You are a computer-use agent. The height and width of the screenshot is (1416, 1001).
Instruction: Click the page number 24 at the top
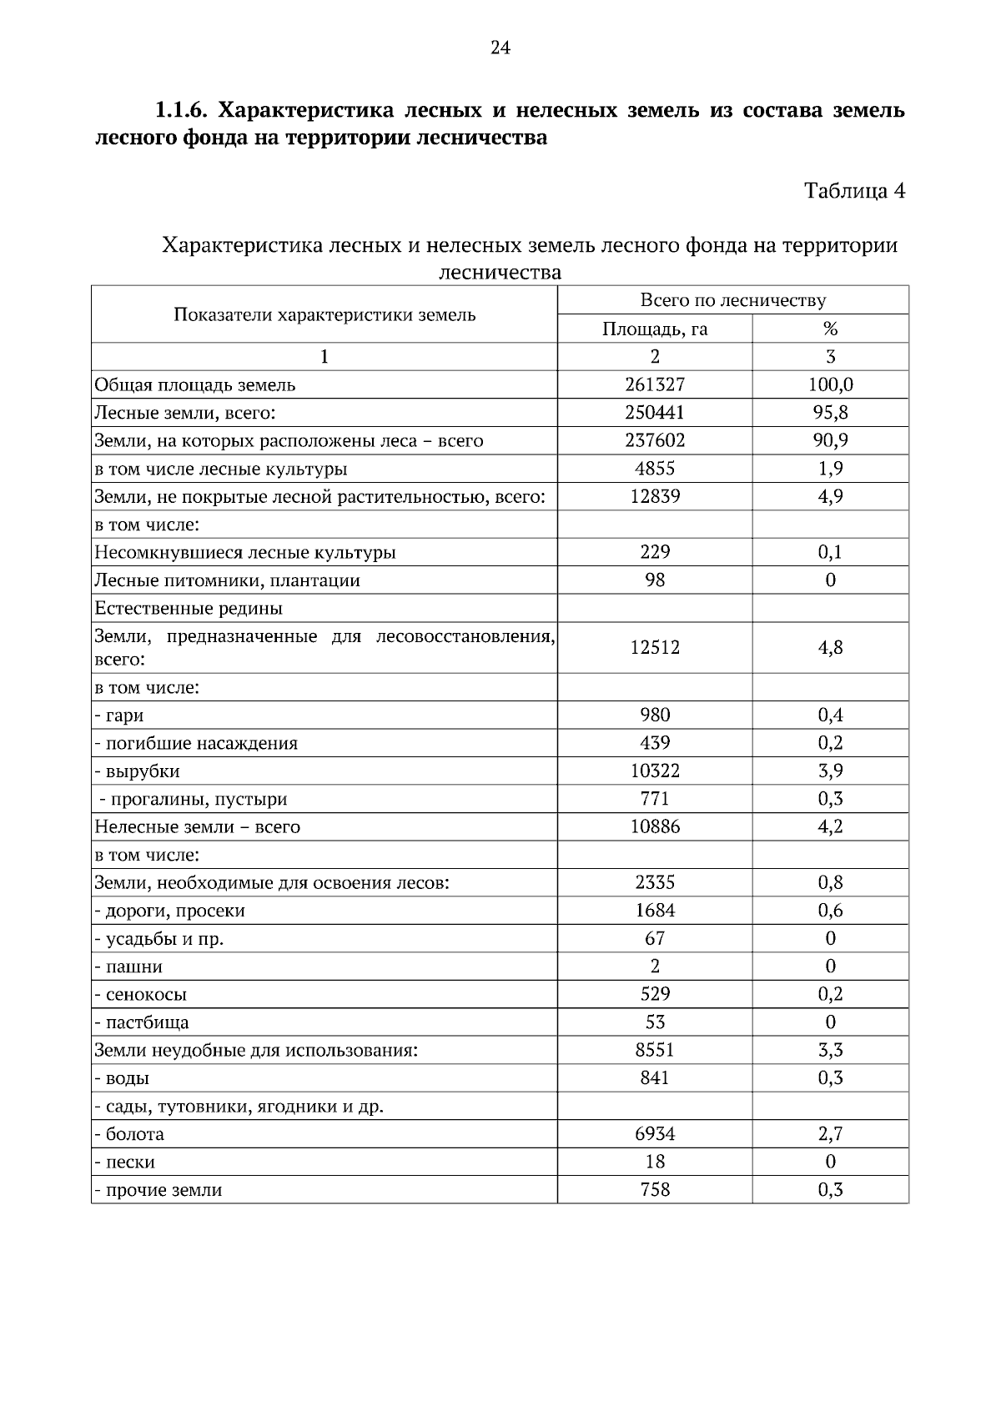click(x=500, y=48)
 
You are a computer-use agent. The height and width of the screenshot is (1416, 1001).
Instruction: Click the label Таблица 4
click(x=854, y=191)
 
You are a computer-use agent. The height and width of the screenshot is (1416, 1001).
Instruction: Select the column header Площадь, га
click(x=655, y=329)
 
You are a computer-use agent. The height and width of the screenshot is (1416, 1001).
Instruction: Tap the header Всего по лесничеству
click(x=732, y=300)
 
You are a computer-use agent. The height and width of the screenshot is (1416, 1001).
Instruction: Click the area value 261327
click(x=655, y=384)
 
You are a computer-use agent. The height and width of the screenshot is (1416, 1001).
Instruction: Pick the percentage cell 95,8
click(x=830, y=413)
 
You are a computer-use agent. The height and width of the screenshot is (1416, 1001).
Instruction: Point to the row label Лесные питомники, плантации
click(x=227, y=580)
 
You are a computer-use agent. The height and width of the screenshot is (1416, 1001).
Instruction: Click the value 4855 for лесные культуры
click(x=655, y=469)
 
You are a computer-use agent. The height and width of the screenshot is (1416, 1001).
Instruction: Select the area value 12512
click(x=655, y=647)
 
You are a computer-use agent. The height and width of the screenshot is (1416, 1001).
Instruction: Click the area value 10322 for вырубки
click(x=655, y=771)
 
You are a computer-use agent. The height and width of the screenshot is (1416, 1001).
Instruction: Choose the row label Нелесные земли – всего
click(x=197, y=827)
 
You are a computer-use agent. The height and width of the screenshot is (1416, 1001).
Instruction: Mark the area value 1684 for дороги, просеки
click(x=655, y=911)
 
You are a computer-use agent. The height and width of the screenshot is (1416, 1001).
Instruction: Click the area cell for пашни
click(x=655, y=967)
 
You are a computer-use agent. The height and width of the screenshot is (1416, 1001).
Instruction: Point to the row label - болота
click(x=129, y=1134)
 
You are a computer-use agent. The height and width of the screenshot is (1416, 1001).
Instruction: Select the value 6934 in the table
click(x=655, y=1134)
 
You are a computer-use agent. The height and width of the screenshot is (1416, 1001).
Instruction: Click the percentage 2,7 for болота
click(x=830, y=1134)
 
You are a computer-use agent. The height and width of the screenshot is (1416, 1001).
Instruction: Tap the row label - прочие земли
click(x=158, y=1190)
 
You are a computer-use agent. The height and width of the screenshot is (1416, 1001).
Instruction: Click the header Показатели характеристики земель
click(x=324, y=314)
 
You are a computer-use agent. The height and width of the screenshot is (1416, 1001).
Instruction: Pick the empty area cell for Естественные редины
click(x=655, y=608)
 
